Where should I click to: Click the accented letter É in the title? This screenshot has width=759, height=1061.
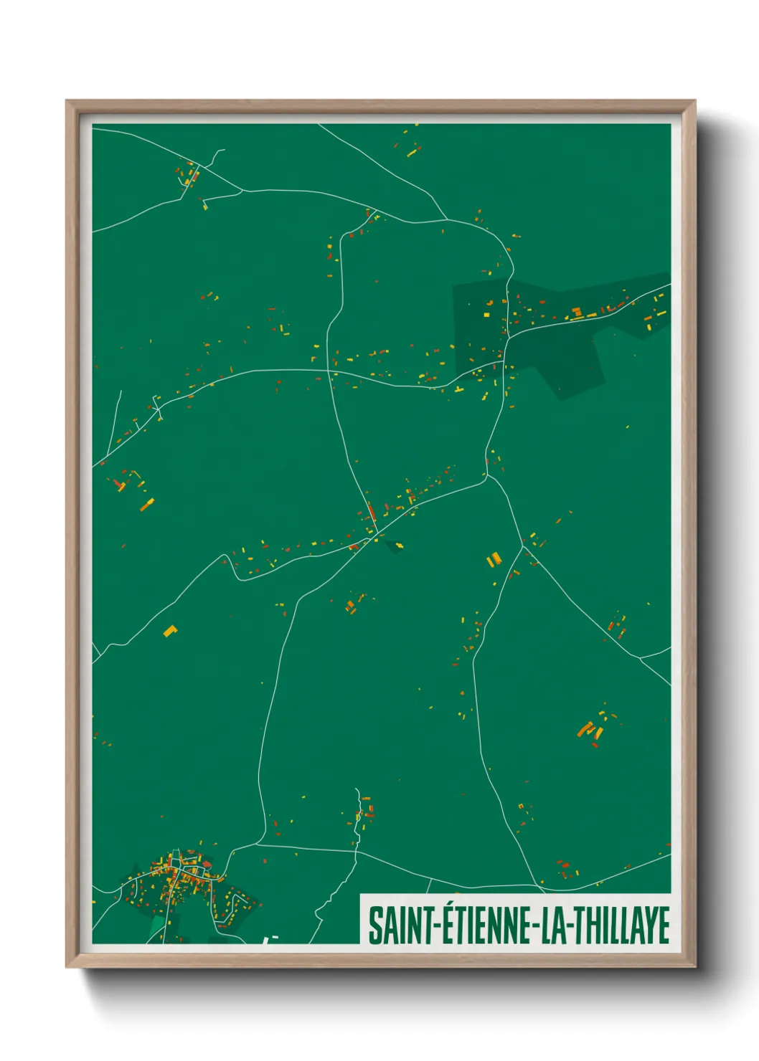pos(444,924)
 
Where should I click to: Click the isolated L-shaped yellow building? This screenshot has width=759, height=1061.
pos(170,632)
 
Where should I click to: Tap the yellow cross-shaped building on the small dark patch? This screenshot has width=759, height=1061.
pos(398,546)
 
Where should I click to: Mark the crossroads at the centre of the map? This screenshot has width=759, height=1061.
pos(374,535)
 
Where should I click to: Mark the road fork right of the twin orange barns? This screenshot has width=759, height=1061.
pos(523,547)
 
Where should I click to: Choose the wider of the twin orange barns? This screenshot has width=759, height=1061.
pos(494,558)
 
